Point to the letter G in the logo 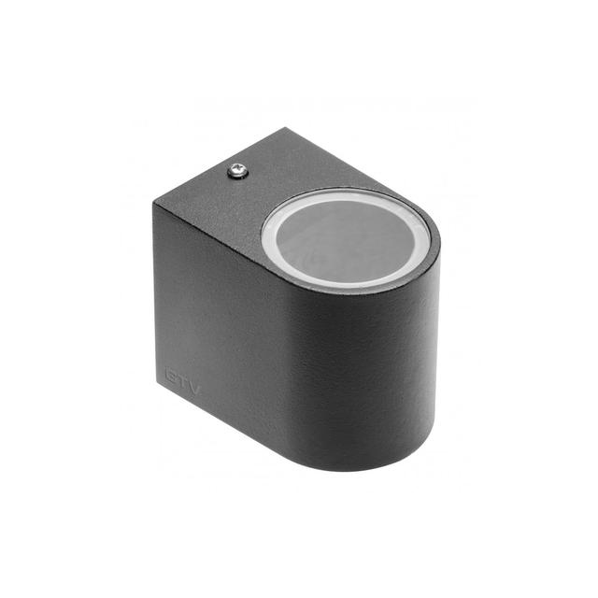pos(171,373)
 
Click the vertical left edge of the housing pos(155,299)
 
